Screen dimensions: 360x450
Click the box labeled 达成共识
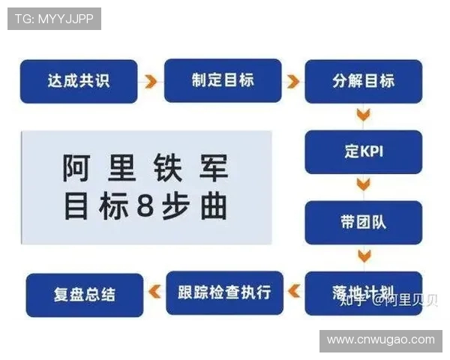(79, 81)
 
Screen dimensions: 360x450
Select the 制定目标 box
(223, 80)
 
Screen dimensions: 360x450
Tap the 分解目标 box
(363, 81)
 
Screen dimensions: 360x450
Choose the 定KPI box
(363, 151)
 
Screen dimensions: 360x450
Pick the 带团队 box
(363, 223)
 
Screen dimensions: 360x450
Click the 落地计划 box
(363, 291)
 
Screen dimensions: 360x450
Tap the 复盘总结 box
(84, 293)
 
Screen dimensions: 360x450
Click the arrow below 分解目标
(364, 115)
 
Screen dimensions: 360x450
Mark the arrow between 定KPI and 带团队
(364, 185)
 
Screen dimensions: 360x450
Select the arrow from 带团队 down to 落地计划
(364, 256)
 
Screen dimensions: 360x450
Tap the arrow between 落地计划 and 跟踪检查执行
(295, 291)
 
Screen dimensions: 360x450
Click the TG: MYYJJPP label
(54, 19)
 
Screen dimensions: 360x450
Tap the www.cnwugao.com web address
(381, 340)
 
